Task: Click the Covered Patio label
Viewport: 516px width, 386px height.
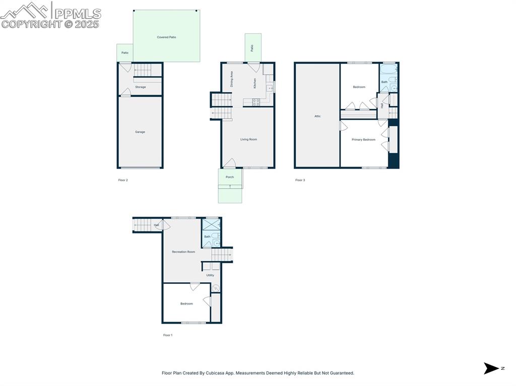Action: (166, 37)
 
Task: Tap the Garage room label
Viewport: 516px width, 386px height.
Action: (140, 132)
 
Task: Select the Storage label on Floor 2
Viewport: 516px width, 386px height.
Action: (141, 87)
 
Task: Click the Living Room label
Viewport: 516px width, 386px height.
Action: (248, 139)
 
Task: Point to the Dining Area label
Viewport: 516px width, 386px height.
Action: (232, 80)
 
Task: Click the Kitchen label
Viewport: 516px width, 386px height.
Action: (255, 83)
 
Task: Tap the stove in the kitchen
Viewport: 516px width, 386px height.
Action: (256, 102)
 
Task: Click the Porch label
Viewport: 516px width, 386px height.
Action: (230, 177)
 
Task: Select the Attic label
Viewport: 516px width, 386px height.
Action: (317, 116)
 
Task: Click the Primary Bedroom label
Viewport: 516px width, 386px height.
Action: (363, 139)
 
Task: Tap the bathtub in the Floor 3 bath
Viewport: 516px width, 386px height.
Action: (389, 69)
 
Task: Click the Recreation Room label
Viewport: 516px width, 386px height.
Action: (183, 252)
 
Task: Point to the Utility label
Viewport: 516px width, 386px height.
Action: (210, 275)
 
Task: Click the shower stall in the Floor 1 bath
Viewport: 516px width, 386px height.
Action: (211, 225)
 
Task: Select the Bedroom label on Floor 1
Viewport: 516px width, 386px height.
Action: (186, 303)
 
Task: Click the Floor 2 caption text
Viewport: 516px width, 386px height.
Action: (123, 180)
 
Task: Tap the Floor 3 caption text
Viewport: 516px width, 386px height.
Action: (300, 180)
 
